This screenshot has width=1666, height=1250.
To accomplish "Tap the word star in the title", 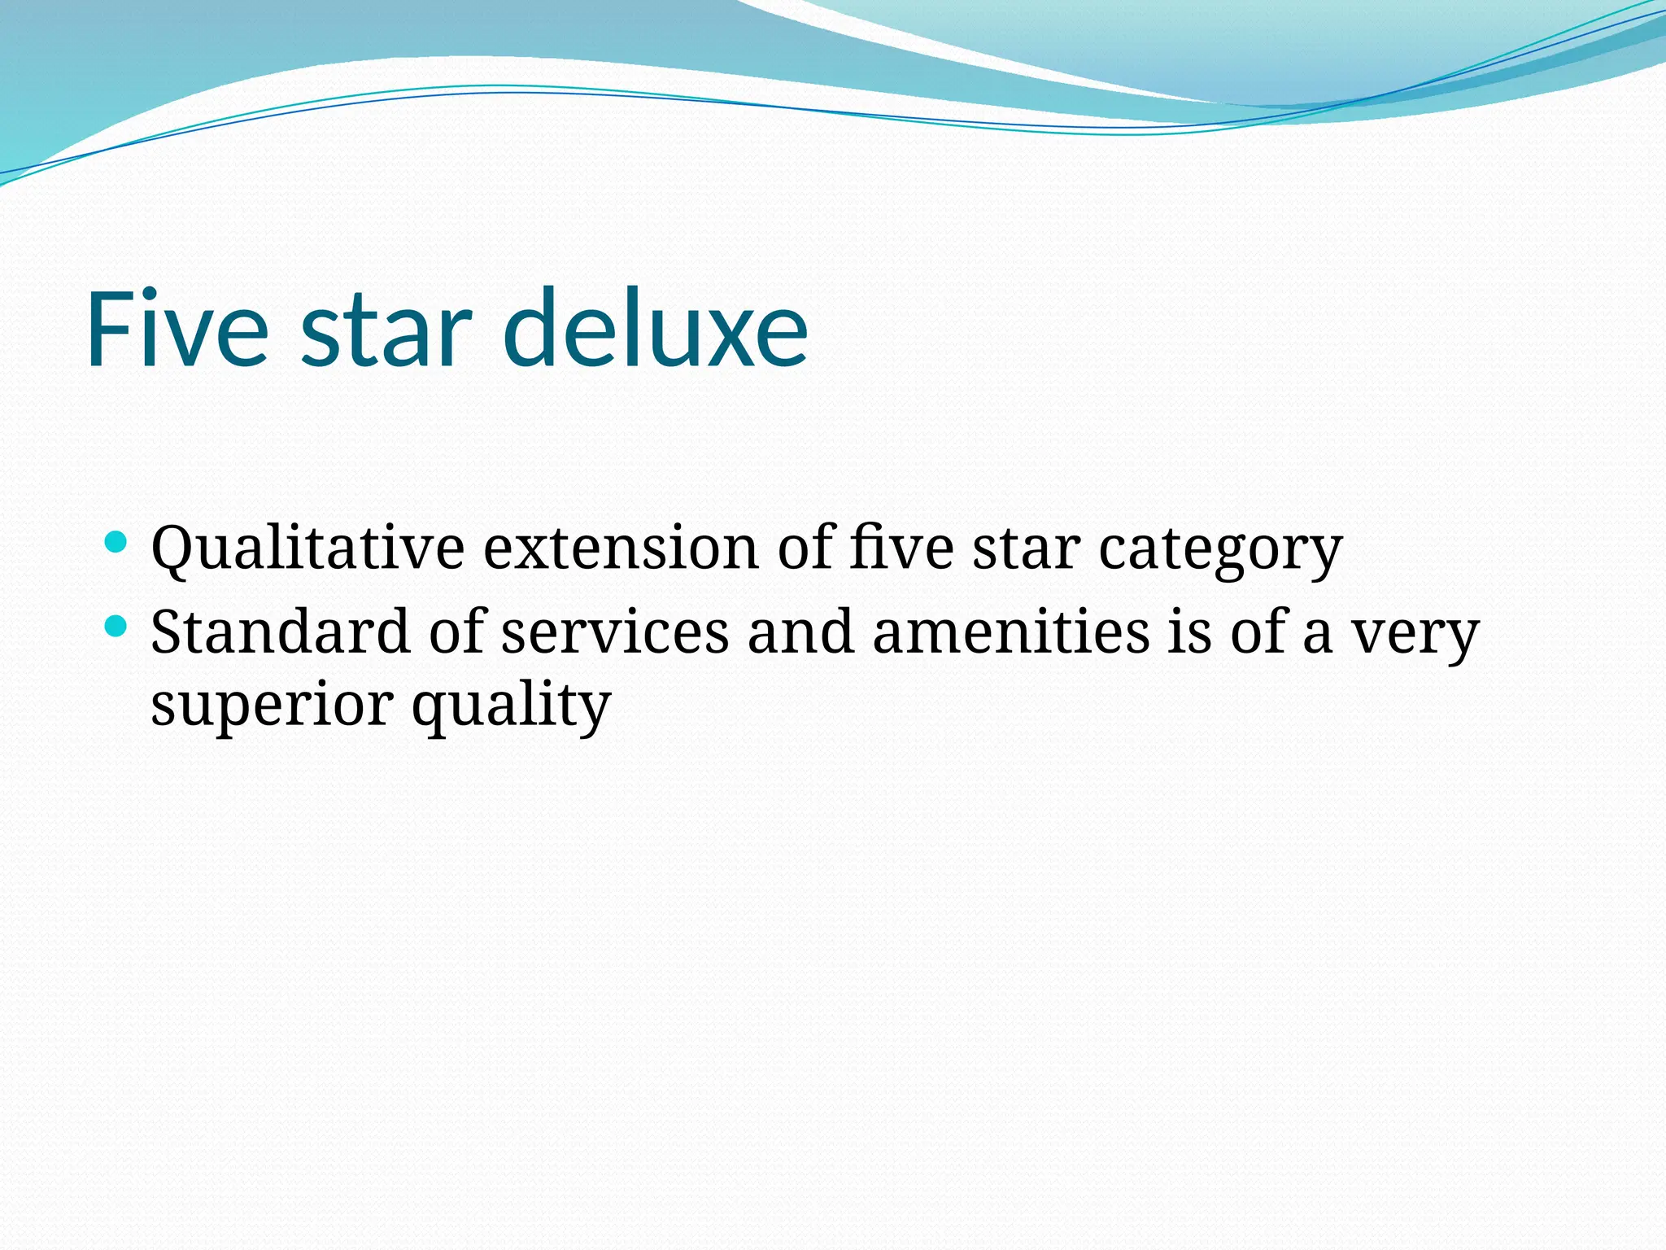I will pyautogui.click(x=386, y=330).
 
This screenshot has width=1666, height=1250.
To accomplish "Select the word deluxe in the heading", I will pyautogui.click(x=656, y=330).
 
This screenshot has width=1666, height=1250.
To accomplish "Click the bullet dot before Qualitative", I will pyautogui.click(x=116, y=542).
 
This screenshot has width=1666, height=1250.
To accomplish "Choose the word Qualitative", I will pyautogui.click(x=307, y=549).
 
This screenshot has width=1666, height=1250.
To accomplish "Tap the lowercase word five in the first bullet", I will pyautogui.click(x=901, y=549).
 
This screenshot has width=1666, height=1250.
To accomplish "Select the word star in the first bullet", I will pyautogui.click(x=1027, y=549).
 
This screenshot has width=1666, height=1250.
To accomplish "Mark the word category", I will pyautogui.click(x=1220, y=550).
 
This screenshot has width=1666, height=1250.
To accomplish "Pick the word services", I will pyautogui.click(x=615, y=632).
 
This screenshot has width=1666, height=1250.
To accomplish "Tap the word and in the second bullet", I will pyautogui.click(x=801, y=632).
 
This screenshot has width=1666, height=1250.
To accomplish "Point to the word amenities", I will pyautogui.click(x=1011, y=632).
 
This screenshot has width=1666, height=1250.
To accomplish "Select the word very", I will pyautogui.click(x=1415, y=634).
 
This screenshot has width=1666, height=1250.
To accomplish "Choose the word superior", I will pyautogui.click(x=273, y=705).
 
